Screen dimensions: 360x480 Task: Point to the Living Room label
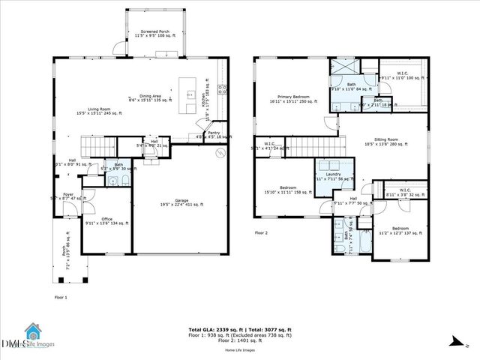94,110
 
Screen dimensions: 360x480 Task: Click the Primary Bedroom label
289,98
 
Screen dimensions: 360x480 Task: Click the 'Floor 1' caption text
61,298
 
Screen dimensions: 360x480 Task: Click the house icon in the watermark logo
32,331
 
